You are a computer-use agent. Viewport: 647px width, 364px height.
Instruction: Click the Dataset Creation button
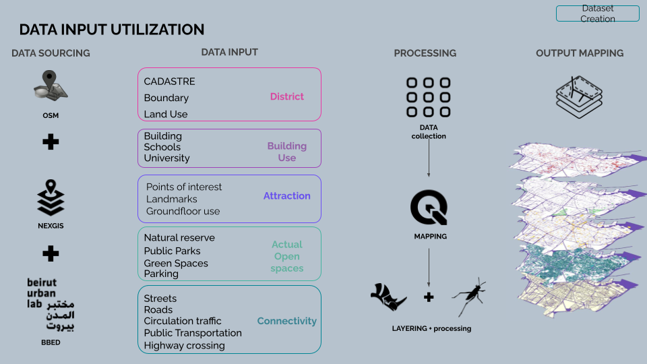pyautogui.click(x=598, y=13)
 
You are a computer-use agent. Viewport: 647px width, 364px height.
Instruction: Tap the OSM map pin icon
pyautogui.click(x=51, y=86)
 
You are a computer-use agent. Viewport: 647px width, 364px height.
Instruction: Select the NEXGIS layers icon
pyautogui.click(x=51, y=198)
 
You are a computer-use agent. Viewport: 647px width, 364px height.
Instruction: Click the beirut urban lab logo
pyautogui.click(x=51, y=305)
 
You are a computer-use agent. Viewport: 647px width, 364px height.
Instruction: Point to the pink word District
pyautogui.click(x=287, y=96)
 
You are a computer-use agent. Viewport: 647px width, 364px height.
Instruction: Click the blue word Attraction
pyautogui.click(x=287, y=195)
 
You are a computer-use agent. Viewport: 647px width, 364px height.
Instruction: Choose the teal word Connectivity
pyautogui.click(x=287, y=321)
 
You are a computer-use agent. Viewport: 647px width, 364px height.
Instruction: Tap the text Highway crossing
pyautogui.click(x=184, y=346)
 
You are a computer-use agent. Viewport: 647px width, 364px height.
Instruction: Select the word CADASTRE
pyautogui.click(x=169, y=82)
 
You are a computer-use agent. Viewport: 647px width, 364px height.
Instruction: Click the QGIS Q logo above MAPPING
pyautogui.click(x=429, y=207)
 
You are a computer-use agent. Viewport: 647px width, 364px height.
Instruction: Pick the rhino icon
pyautogui.click(x=388, y=297)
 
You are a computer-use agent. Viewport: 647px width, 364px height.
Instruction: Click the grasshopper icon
pyautogui.click(x=469, y=297)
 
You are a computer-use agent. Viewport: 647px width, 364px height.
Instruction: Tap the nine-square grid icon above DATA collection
pyautogui.click(x=429, y=97)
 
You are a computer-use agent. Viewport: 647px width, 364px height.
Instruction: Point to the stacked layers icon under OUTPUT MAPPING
pyautogui.click(x=579, y=97)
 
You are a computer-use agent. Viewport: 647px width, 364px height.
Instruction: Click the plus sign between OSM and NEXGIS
pyautogui.click(x=51, y=142)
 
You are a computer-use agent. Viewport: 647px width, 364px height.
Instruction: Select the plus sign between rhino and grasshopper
pyautogui.click(x=429, y=297)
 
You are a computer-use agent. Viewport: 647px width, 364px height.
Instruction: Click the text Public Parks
pyautogui.click(x=172, y=251)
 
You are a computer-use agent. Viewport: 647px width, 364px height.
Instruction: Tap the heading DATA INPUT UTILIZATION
pyautogui.click(x=112, y=30)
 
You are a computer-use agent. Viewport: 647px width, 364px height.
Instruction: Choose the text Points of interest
pyautogui.click(x=183, y=187)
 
